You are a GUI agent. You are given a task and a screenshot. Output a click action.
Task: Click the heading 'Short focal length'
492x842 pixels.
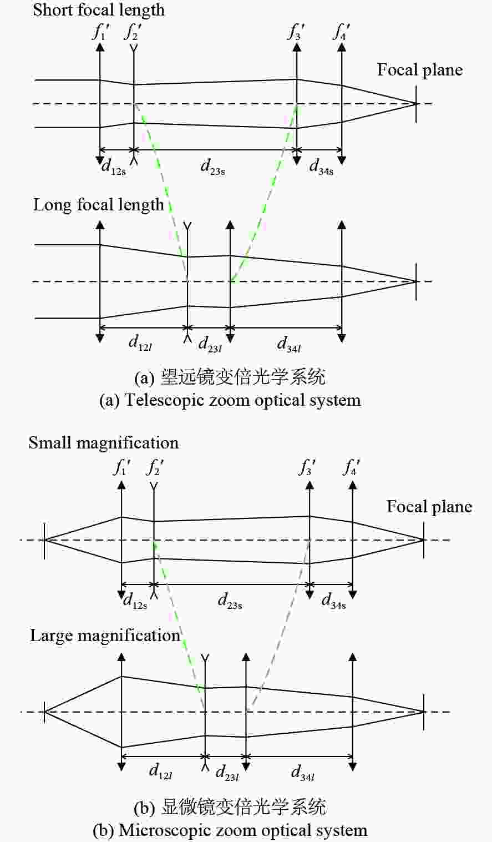point(99,11)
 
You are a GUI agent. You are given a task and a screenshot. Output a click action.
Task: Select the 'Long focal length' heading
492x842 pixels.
point(99,205)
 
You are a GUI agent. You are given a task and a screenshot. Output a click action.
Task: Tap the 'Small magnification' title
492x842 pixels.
point(104,443)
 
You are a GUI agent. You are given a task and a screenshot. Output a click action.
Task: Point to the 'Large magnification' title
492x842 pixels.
point(105,636)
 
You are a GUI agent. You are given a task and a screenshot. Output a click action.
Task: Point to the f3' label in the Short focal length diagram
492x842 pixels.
point(296,32)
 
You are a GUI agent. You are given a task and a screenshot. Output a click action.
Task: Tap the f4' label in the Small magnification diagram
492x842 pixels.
point(351,467)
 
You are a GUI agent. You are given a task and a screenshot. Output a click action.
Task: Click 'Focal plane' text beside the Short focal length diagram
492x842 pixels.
point(420,70)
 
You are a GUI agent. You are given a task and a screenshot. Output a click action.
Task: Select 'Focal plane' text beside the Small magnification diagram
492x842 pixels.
point(429,507)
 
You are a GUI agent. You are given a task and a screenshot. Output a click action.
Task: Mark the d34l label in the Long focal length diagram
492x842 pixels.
point(289,344)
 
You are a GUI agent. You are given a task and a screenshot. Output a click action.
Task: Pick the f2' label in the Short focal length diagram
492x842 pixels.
point(133,32)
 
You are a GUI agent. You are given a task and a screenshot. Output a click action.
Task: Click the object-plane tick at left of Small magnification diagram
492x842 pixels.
point(45,540)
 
